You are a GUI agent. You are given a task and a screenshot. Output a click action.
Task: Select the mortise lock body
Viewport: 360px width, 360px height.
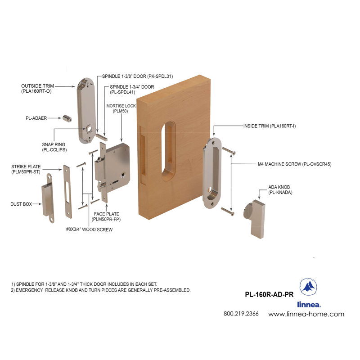click(115, 166)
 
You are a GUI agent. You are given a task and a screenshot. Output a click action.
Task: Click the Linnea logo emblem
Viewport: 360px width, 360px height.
click(308, 287)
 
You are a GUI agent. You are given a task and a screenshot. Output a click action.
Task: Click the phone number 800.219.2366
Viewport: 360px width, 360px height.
click(241, 314)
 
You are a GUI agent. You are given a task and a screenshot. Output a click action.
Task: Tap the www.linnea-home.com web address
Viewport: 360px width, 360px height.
click(306, 314)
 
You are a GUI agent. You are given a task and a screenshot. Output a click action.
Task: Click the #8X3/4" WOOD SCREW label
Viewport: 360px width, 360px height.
click(88, 229)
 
